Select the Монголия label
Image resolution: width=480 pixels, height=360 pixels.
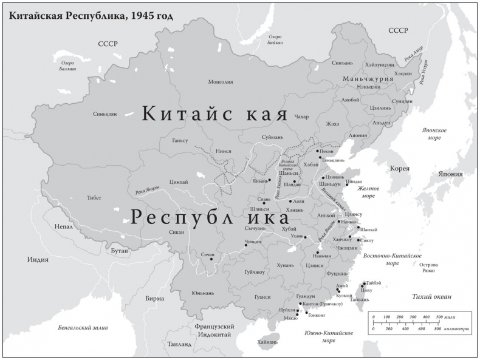point(221,82)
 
